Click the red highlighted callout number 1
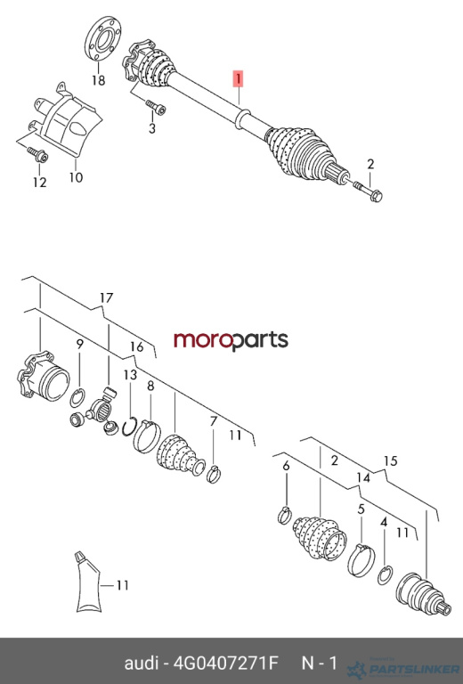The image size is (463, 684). click(239, 79)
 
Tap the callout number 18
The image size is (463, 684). click(99, 80)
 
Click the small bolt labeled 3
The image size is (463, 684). click(156, 107)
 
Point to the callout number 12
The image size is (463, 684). click(40, 182)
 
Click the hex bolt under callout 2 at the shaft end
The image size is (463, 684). click(368, 191)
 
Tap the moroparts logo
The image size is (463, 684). click(231, 341)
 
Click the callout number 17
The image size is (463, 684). click(106, 297)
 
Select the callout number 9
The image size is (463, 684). click(79, 344)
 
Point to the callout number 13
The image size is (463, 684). click(130, 375)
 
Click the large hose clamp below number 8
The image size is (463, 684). click(147, 436)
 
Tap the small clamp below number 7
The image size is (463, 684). click(214, 475)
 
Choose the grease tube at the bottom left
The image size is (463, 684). click(88, 582)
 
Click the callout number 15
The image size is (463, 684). click(391, 460)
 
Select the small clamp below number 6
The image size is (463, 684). click(284, 516)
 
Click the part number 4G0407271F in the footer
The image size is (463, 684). click(225, 663)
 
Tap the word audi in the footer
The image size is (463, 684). click(141, 663)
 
